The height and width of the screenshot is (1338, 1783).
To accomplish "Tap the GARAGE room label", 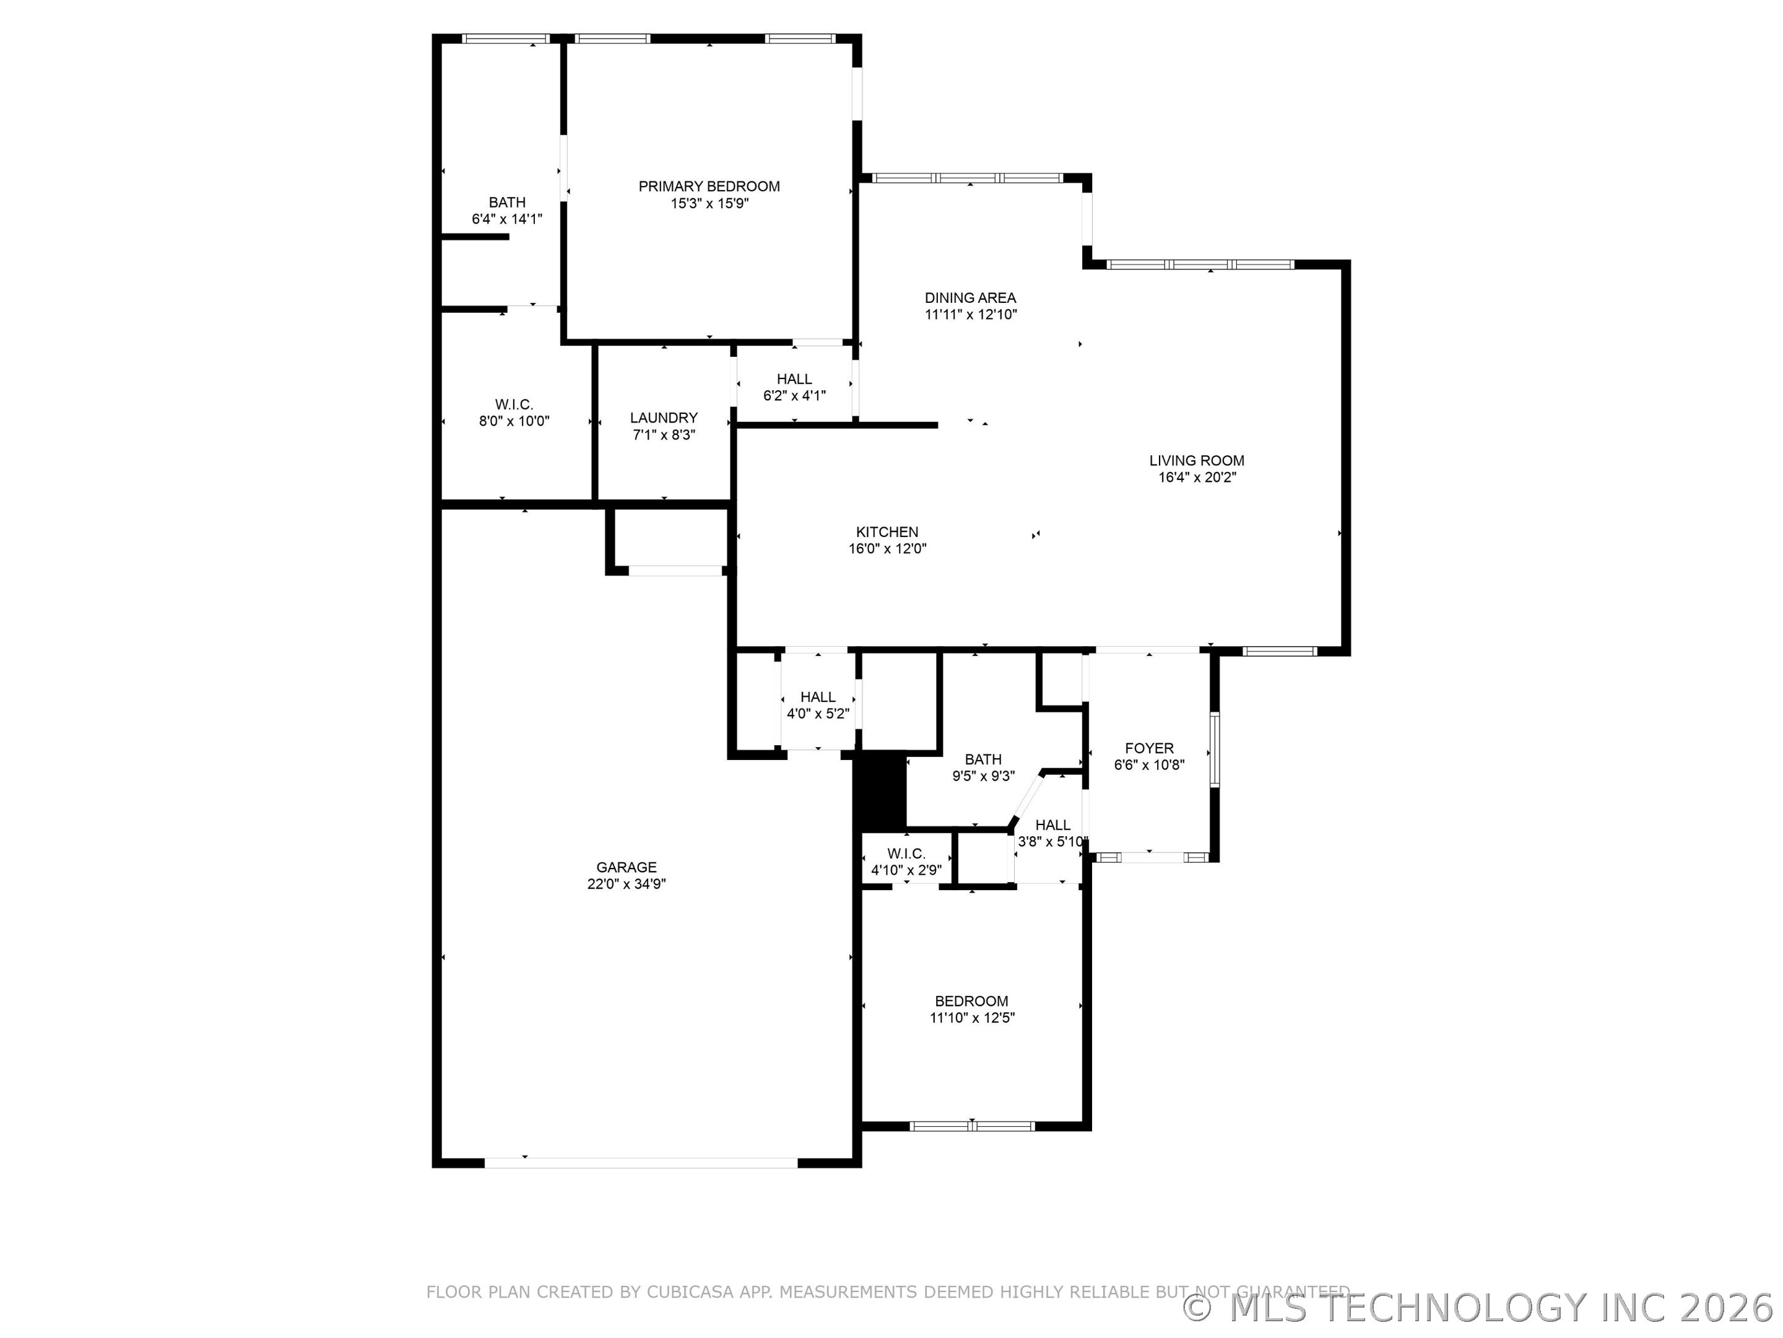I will point(627,867).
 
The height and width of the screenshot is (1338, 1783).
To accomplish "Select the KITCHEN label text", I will point(887,532).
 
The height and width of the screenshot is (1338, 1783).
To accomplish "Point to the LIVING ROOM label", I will point(1196,460).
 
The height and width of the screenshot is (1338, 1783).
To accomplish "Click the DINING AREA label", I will point(970,297).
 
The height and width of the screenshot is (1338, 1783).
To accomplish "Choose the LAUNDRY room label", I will point(664,418).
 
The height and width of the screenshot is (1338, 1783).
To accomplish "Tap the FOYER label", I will point(1148,748).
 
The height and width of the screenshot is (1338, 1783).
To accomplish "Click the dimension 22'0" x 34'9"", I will point(627,884).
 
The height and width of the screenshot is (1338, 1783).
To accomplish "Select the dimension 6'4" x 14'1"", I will point(507,219).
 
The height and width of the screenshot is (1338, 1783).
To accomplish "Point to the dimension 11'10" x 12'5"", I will point(971,1018).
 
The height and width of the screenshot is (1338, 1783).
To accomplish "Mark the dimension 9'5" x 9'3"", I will point(983,777).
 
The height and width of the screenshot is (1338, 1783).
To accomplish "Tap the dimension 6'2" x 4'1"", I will point(794,396).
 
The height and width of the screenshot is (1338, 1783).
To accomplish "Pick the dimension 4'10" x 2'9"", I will point(906,871).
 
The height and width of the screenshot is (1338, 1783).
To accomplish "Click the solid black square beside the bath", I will point(880,790).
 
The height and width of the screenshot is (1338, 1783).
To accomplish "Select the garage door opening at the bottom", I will point(641,1163).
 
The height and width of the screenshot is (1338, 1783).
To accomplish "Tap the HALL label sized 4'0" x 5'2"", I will point(817,697).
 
